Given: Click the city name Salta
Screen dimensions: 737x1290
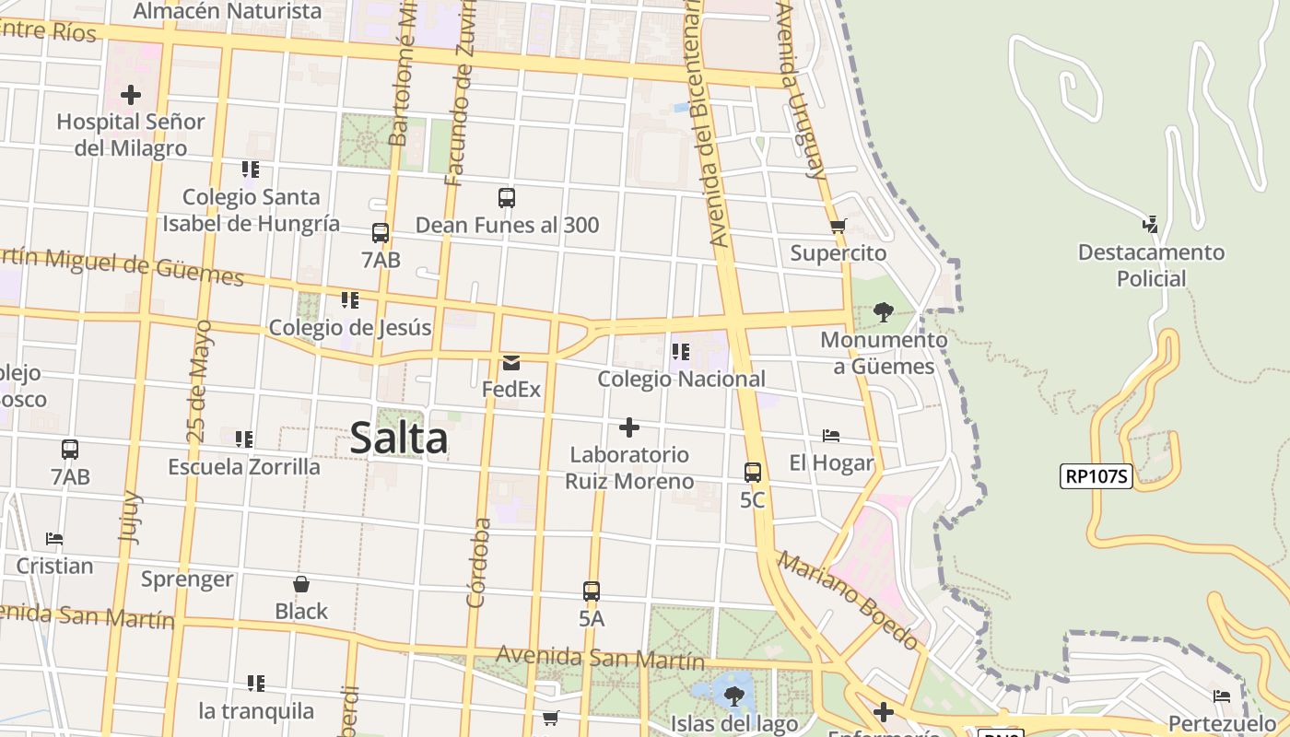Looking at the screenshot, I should (399, 439).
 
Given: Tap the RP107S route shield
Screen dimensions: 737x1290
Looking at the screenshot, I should (1096, 476).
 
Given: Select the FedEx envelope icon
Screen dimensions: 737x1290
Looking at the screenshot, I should (511, 363).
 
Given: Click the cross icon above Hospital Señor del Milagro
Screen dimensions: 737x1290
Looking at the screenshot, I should (131, 94).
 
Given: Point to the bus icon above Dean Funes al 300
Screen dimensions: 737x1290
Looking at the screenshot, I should (506, 197).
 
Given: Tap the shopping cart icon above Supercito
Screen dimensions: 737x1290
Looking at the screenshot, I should (838, 226).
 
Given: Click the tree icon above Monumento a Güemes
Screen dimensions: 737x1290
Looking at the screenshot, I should (883, 312).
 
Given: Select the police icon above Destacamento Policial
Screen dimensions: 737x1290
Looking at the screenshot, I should (1150, 224).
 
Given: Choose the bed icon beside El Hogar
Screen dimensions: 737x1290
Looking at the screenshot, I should (831, 436).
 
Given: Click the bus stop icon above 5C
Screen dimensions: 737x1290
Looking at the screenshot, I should (753, 473).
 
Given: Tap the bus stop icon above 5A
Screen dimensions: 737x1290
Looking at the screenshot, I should (592, 591).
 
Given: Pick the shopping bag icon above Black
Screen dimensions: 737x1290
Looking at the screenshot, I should (301, 584).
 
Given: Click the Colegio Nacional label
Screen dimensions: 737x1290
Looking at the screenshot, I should (681, 379).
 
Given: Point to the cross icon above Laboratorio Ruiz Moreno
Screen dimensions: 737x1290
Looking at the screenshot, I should (629, 427).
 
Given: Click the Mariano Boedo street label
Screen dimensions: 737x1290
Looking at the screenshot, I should (847, 600).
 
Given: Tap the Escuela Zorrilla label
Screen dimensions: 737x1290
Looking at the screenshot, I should (244, 467).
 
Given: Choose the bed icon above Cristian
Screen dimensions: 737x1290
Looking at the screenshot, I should (54, 539).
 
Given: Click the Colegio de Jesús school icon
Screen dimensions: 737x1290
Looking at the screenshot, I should (349, 300).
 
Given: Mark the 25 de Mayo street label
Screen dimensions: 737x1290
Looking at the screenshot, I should (199, 380).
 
